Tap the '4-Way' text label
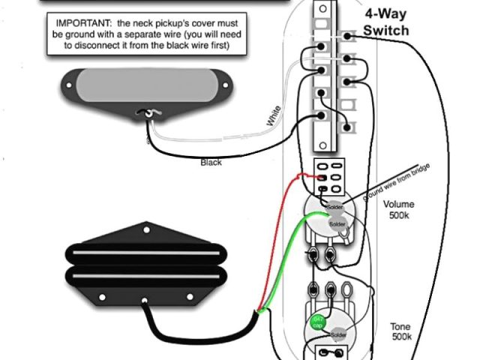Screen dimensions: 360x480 coord(386,14)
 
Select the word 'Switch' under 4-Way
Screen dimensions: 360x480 coord(386,30)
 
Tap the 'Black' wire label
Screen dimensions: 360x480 coord(211,162)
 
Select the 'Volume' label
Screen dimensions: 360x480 coord(398,205)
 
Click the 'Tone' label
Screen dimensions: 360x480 coord(400,326)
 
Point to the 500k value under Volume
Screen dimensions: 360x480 coord(398,216)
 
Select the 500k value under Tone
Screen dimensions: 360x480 coord(400,337)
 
